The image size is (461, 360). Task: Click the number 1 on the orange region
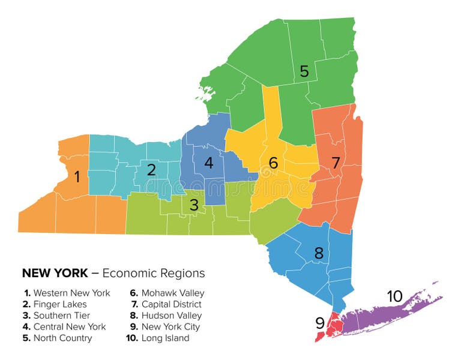(x=77, y=177)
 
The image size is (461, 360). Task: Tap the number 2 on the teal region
(x=151, y=170)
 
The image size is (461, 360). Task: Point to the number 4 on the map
(x=208, y=163)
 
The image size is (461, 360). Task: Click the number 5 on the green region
(x=304, y=71)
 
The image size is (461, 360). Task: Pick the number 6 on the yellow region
(x=273, y=163)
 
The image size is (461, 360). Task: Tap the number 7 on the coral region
(x=336, y=162)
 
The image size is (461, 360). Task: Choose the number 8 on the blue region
(x=319, y=253)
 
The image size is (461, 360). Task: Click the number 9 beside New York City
(x=320, y=323)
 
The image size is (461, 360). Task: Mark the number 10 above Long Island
(x=394, y=296)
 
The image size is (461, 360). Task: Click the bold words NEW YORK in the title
(x=54, y=274)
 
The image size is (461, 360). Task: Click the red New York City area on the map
(x=335, y=326)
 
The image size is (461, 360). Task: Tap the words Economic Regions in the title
(x=154, y=274)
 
